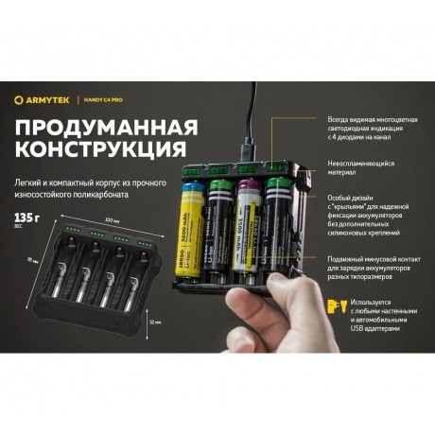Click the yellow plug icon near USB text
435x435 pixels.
(331, 304)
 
